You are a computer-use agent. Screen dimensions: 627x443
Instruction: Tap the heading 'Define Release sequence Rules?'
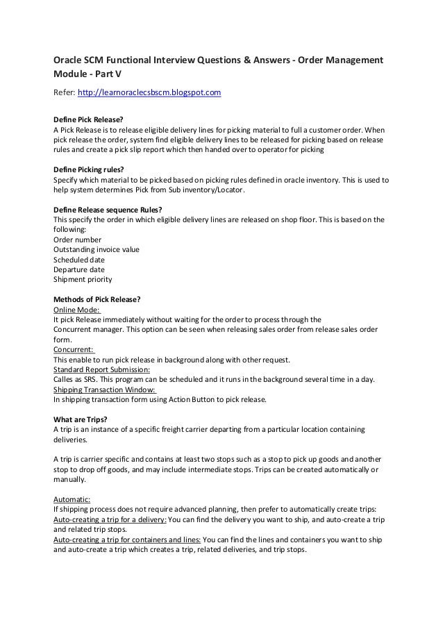coord(108,210)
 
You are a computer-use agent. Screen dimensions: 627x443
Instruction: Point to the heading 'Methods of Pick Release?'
coord(97,299)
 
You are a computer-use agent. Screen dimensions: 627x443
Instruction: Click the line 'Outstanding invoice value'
coord(97,249)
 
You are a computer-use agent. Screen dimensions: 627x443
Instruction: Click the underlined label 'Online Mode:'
coord(77,310)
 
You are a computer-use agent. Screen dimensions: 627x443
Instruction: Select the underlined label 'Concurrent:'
coord(74,349)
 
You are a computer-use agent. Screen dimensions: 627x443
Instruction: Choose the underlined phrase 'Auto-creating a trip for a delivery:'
coord(110,519)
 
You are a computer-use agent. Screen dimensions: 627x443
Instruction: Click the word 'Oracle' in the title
coord(71,62)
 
